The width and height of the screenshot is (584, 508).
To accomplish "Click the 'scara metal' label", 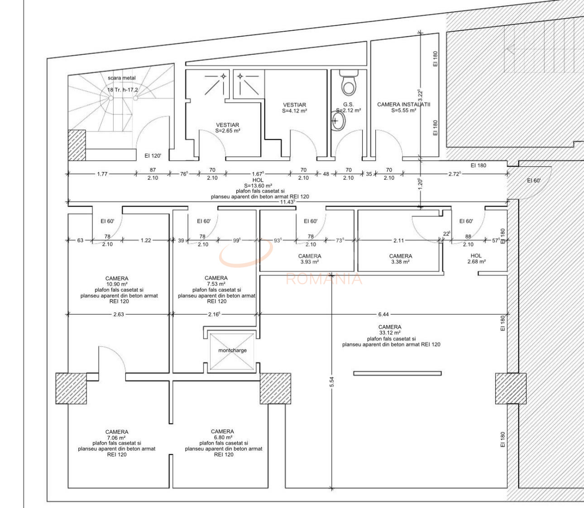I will (121, 78).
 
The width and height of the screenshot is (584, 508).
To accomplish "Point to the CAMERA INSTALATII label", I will (403, 105).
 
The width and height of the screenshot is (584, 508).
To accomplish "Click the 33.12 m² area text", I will (390, 333).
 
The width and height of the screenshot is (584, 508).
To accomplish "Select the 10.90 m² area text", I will (117, 284).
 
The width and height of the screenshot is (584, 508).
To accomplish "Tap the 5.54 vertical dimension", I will (331, 382).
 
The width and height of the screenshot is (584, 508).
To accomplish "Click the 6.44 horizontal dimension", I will (383, 314).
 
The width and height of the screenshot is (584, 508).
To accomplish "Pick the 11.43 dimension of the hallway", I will (287, 202).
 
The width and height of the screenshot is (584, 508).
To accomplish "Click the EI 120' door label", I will (153, 156).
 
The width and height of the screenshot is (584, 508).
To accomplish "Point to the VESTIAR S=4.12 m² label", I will (294, 108).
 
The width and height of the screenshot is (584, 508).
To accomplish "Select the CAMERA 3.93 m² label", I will (310, 259).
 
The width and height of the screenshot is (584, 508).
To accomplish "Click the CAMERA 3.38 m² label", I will (401, 259).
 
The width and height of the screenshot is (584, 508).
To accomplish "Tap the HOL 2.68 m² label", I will (476, 259).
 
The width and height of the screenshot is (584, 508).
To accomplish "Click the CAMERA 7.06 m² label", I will (117, 435).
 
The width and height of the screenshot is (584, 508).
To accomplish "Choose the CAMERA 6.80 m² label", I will (222, 435).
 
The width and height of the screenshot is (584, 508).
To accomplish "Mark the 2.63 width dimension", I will (119, 314).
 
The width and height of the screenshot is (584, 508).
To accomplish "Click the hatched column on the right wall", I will (511, 388).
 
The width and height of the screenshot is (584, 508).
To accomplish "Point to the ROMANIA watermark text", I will (324, 279).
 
